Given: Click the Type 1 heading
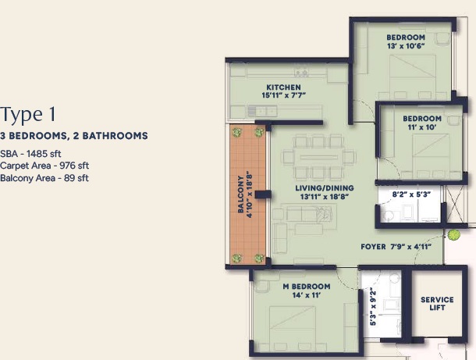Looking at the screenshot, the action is (x=28, y=115).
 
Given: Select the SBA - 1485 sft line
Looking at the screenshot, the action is (x=30, y=154).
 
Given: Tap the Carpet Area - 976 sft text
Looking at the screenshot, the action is (x=44, y=166).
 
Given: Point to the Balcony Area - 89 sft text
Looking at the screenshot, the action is (x=44, y=178).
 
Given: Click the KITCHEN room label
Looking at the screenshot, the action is (x=283, y=87).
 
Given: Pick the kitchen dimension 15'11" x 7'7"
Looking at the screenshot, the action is (x=283, y=95).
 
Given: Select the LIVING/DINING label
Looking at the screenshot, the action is (x=324, y=188).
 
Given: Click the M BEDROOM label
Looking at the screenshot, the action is (x=307, y=287).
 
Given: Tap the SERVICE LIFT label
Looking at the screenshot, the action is (x=437, y=304).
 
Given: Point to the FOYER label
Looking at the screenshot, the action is (x=373, y=247).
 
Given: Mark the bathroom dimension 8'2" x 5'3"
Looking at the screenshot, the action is (x=411, y=194).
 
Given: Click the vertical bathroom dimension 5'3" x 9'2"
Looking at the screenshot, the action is (x=373, y=308).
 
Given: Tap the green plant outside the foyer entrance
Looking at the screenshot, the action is (x=453, y=235).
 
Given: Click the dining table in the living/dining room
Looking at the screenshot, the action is (x=319, y=157).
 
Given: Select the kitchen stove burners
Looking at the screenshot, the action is (x=301, y=73).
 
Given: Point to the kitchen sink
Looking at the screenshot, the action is (x=252, y=111).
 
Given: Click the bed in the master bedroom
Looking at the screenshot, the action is (x=293, y=329).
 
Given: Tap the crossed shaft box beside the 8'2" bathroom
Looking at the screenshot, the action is (x=454, y=204).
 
